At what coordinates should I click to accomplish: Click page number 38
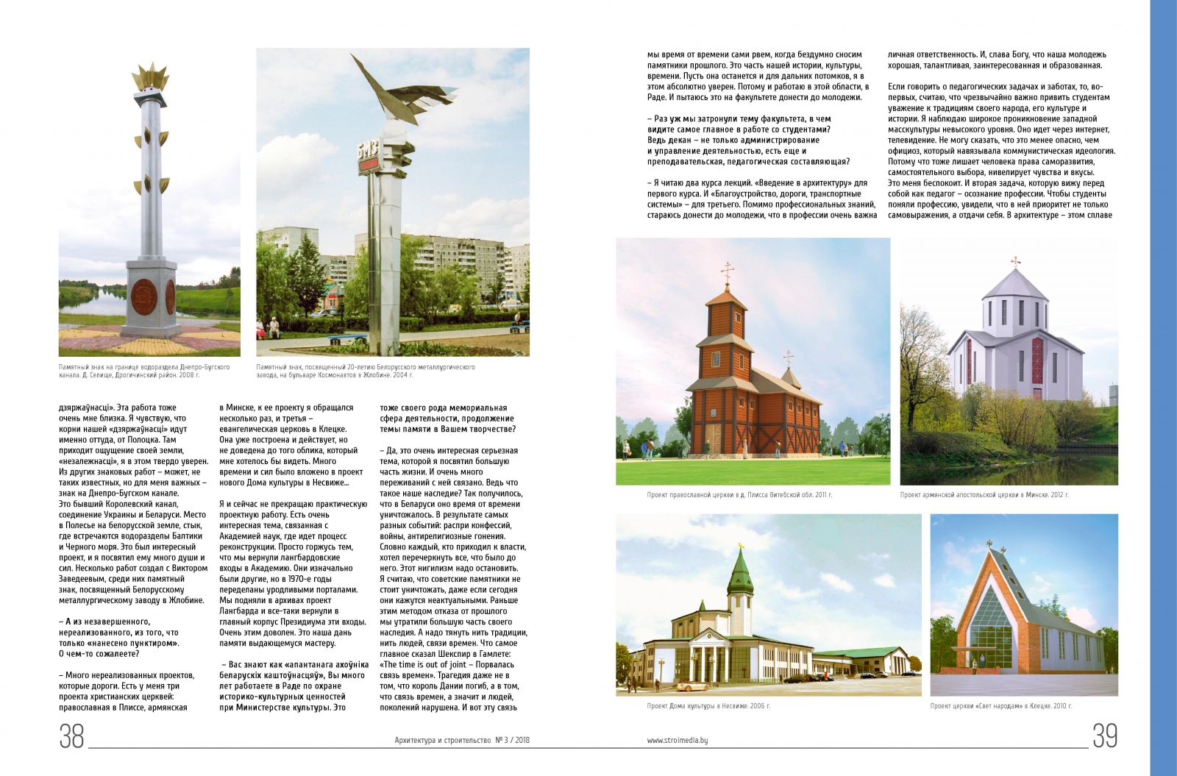[71, 736]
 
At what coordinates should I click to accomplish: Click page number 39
[1104, 736]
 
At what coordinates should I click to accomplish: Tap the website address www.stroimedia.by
[678, 741]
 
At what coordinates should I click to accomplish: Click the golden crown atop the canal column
[150, 77]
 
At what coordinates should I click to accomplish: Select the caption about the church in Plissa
[739, 495]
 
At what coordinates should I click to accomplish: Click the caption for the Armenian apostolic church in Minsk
[984, 495]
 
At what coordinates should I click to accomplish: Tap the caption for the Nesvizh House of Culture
[708, 706]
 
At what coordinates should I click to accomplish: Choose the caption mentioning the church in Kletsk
[1000, 706]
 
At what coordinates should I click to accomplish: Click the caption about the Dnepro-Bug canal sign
[144, 371]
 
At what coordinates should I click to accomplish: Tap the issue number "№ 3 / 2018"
[513, 741]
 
